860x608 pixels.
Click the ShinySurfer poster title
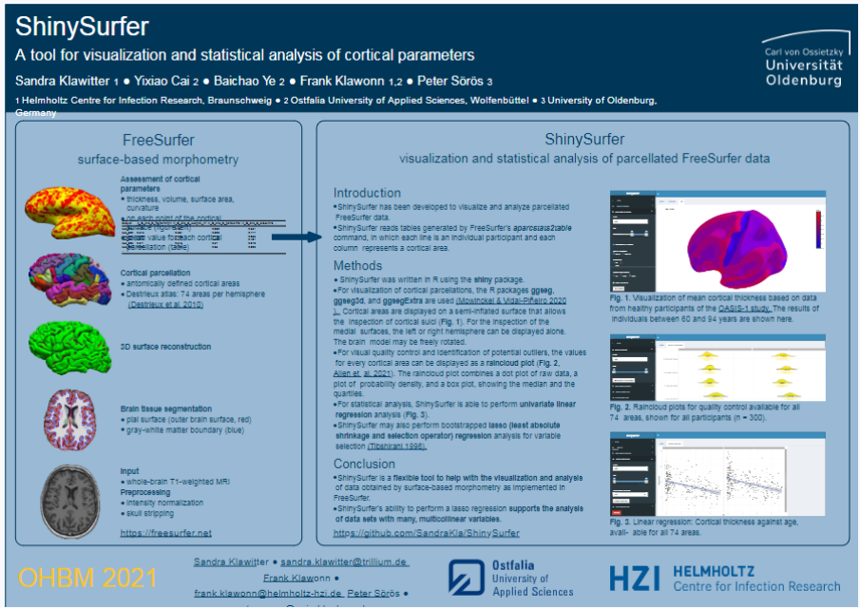pos(82,26)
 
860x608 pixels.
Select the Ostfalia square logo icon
pos(468,578)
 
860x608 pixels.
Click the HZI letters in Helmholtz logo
pos(636,579)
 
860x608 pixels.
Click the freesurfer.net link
pos(166,533)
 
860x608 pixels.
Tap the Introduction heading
pos(367,193)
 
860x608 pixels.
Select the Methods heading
pos(357,265)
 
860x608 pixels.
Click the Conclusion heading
pos(365,464)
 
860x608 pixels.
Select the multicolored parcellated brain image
pos(69,280)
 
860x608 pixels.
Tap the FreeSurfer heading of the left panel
pos(159,140)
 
